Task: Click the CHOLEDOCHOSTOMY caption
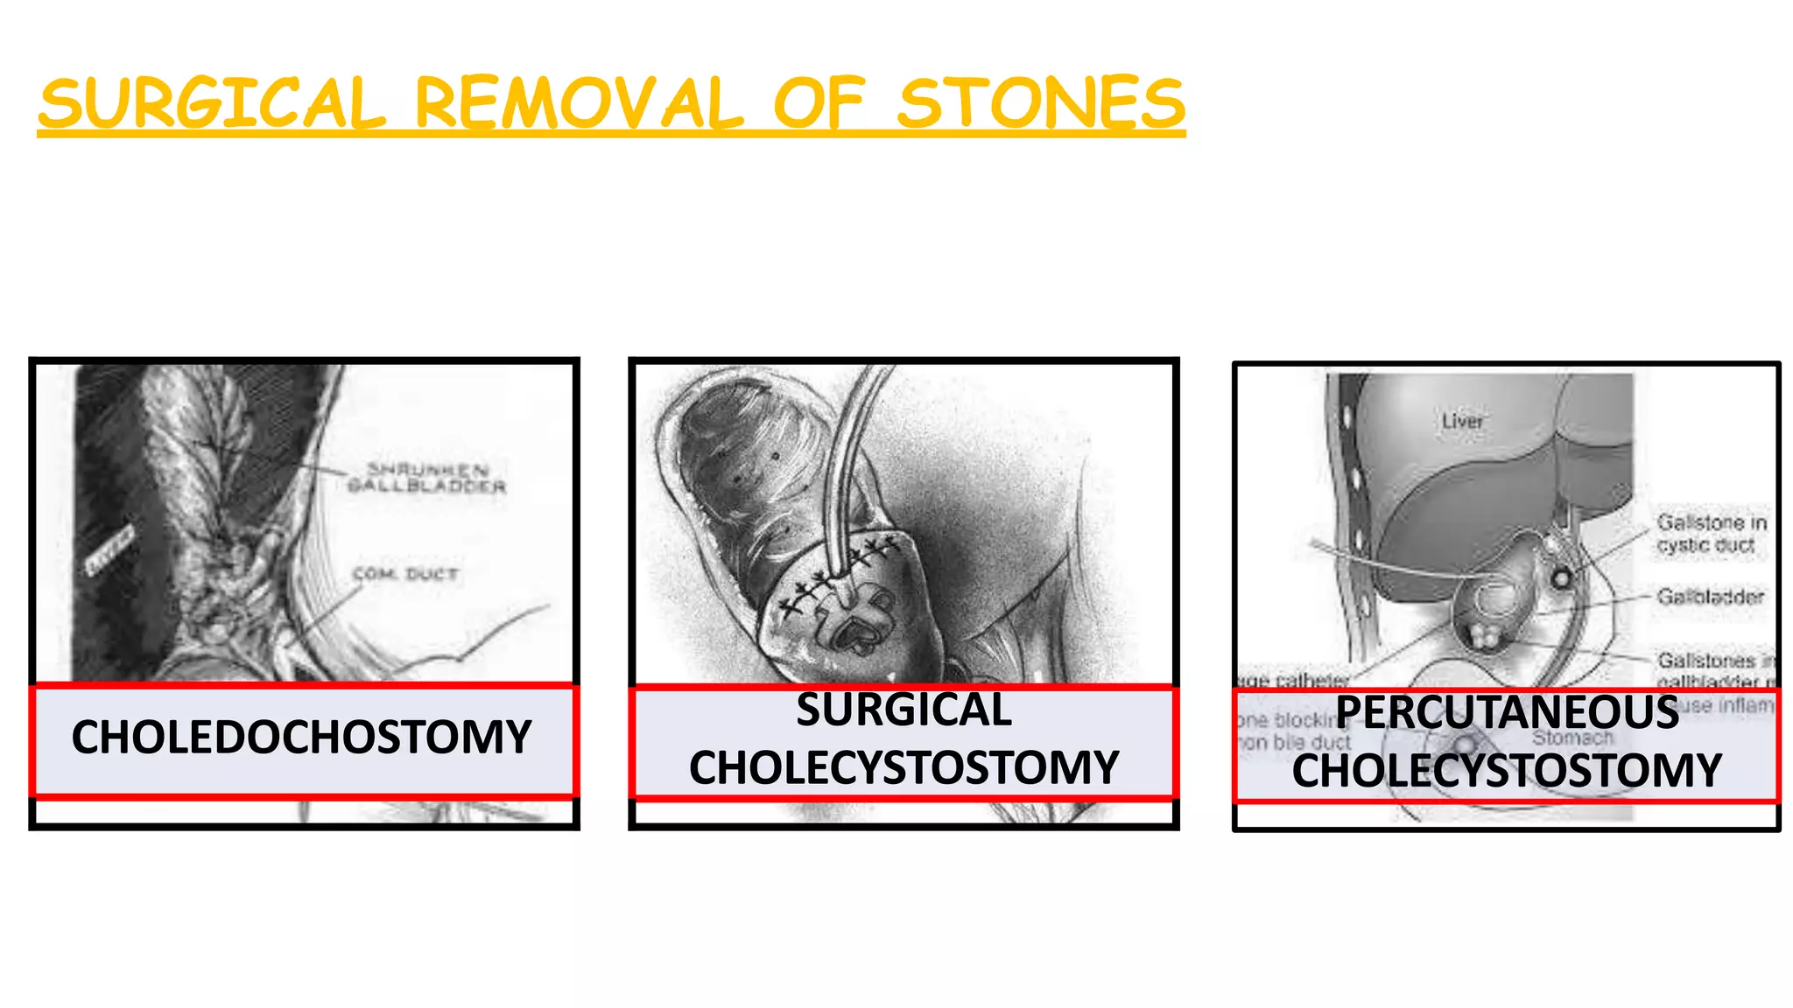point(301,737)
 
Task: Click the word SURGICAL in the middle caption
point(904,710)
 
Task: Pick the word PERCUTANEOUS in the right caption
point(1507,712)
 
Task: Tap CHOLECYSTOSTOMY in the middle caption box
point(904,767)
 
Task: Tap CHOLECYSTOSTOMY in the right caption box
point(1507,770)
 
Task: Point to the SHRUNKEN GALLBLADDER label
point(426,478)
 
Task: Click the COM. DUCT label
point(405,574)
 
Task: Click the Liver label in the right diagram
point(1462,422)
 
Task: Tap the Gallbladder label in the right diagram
point(1710,597)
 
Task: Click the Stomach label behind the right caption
point(1572,738)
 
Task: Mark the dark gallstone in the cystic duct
point(1561,577)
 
